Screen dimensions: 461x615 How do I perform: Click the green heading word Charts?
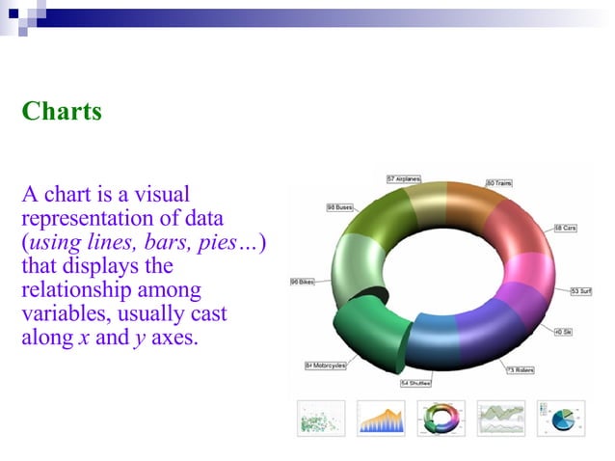tap(62, 111)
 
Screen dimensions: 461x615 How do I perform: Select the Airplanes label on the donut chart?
tap(410, 178)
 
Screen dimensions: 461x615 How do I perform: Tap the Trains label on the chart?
tap(502, 182)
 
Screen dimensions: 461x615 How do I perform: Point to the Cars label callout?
tap(565, 228)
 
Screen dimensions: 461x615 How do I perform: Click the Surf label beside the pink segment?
tap(581, 290)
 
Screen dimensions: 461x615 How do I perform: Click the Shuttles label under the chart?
tap(415, 383)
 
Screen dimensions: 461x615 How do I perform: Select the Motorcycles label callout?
tap(326, 366)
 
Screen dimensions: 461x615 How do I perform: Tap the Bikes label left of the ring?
tap(302, 282)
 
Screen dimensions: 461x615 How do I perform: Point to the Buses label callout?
tap(339, 206)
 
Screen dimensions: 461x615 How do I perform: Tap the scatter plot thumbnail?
tap(319, 417)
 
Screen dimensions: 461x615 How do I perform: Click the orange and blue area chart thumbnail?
tap(380, 417)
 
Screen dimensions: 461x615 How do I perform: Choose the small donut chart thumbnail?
tap(441, 417)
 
